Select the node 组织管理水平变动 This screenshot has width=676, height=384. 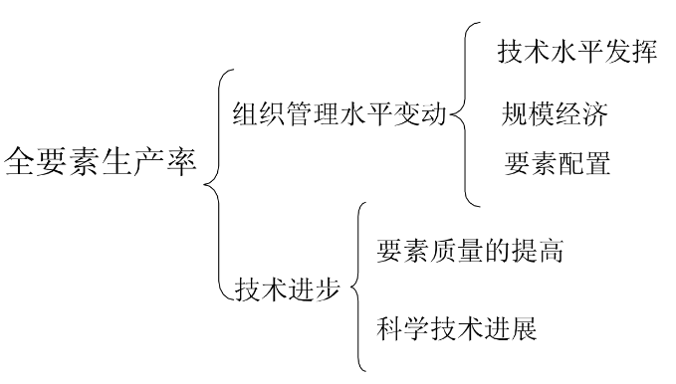339,111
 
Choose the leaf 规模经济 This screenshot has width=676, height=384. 555,113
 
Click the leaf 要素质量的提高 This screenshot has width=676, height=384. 470,252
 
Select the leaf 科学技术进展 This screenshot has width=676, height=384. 457,327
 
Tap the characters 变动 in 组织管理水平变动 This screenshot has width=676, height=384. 424,111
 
